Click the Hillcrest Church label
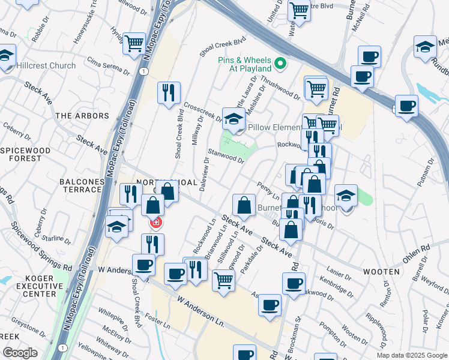(x=46, y=66)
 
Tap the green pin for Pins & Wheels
(x=280, y=63)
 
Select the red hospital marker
(x=155, y=223)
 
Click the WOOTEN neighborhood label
(x=381, y=272)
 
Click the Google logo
(x=19, y=353)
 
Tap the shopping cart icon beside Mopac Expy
(x=134, y=43)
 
